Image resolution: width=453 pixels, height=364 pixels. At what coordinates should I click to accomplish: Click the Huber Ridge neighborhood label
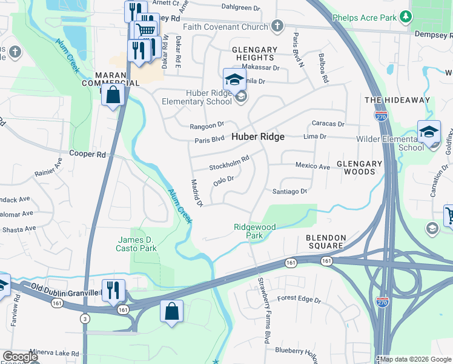257,137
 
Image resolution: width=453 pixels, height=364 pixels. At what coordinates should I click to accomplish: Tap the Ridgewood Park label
255,231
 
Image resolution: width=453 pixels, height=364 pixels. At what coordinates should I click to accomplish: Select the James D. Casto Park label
137,244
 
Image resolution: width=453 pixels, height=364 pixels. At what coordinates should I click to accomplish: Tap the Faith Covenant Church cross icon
277,26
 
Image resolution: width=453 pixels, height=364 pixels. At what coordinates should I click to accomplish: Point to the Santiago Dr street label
289,191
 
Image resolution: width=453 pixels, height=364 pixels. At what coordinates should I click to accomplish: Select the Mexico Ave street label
312,166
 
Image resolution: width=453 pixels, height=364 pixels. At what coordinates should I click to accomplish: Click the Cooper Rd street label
88,154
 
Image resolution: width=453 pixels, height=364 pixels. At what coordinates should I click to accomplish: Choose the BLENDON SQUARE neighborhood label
326,241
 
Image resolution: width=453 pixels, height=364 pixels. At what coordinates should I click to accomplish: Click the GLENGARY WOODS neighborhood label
359,167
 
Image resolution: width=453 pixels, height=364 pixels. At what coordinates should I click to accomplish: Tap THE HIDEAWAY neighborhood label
397,100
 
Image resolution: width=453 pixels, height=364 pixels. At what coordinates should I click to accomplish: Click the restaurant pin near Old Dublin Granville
113,289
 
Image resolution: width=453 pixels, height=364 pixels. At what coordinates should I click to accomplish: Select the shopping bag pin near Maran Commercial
113,95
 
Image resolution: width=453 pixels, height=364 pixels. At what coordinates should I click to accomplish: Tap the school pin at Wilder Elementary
429,132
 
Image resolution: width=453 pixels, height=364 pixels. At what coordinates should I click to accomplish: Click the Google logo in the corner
19,357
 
